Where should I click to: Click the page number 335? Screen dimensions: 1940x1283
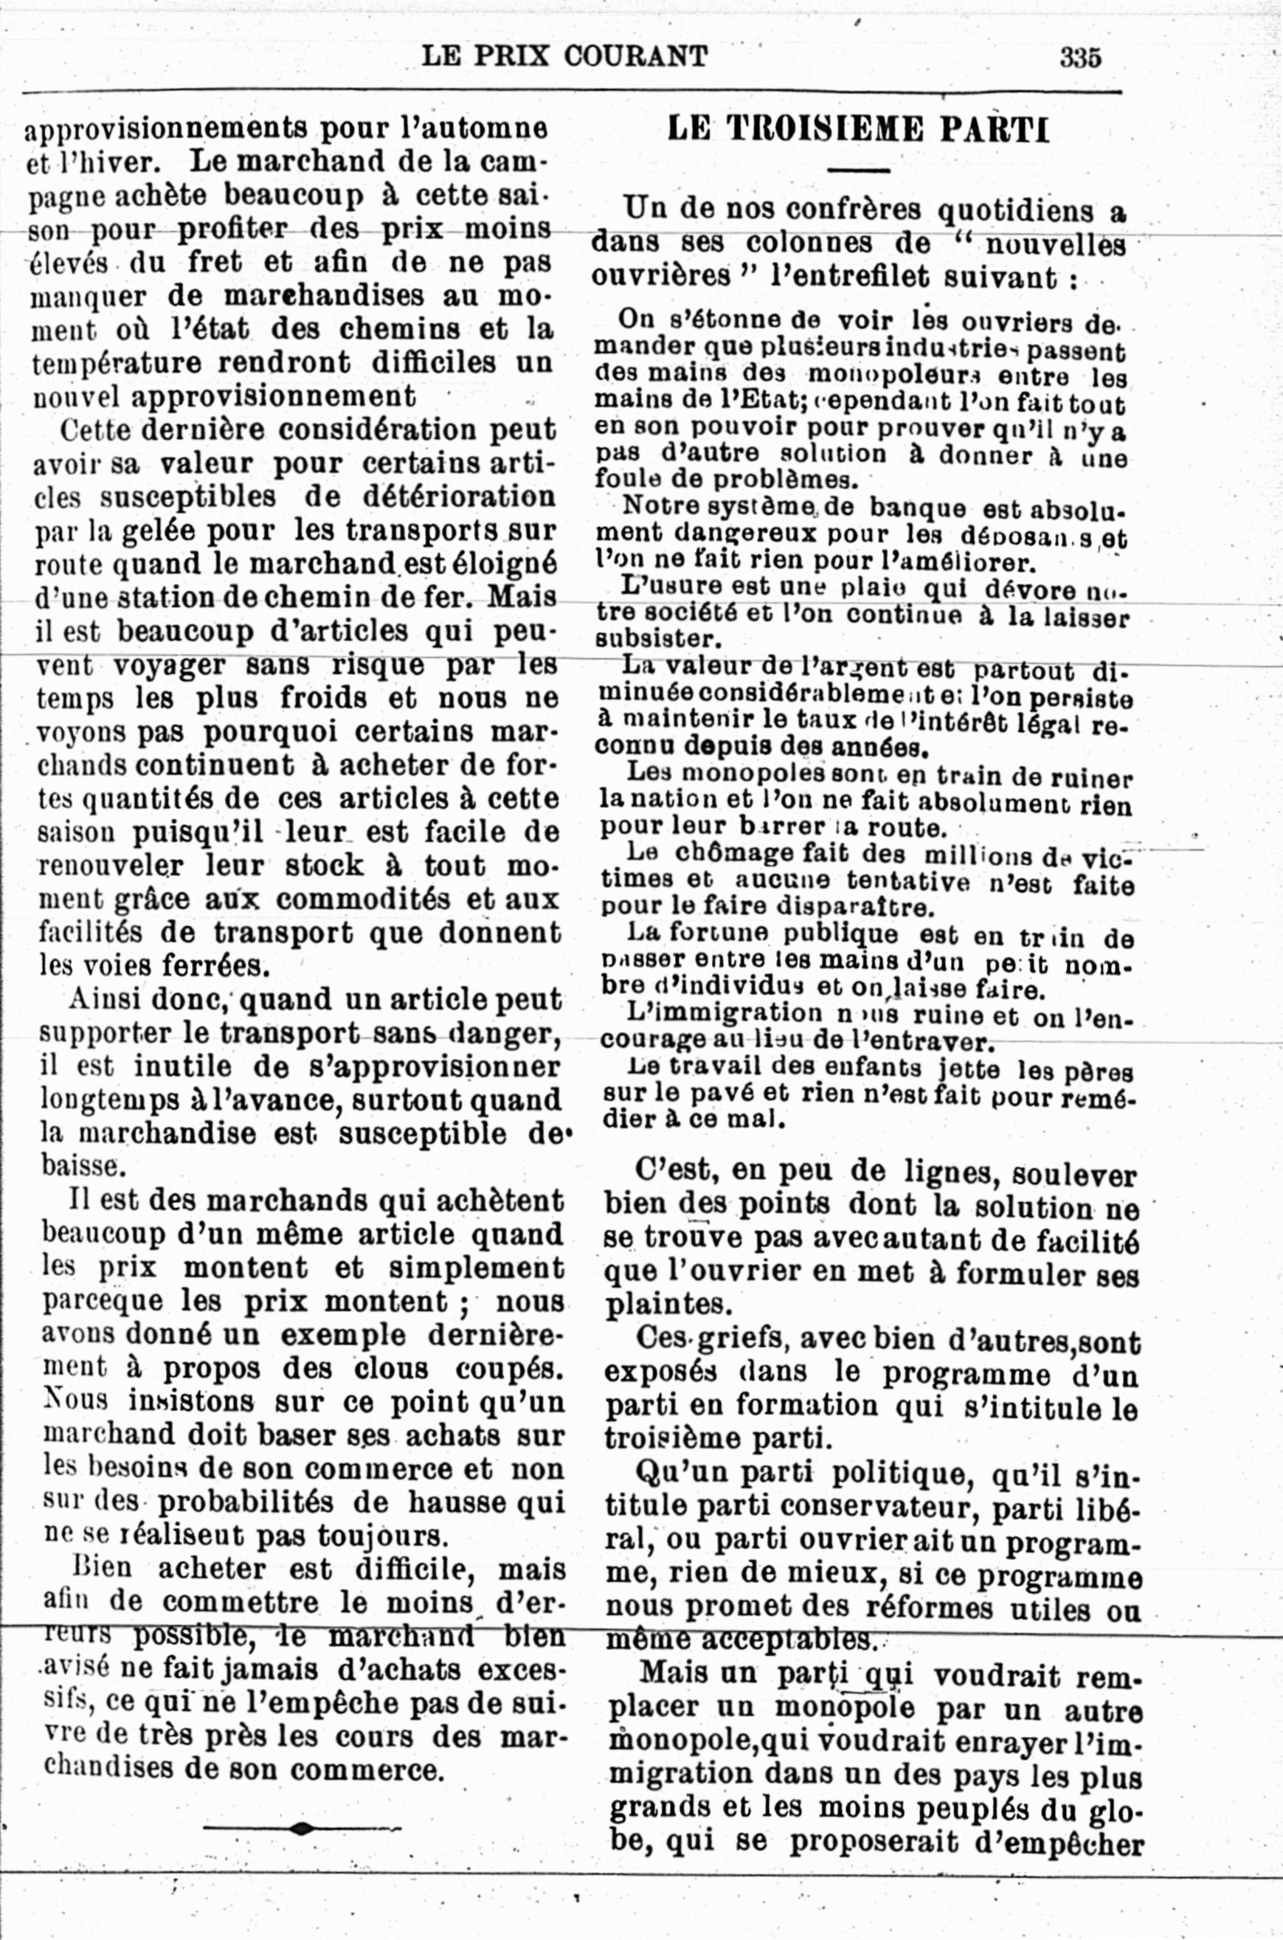pyautogui.click(x=1080, y=58)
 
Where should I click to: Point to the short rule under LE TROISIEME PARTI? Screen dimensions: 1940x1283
pyautogui.click(x=858, y=170)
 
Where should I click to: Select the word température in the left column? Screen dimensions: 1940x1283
pyautogui.click(x=115, y=363)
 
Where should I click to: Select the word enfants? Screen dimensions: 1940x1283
pyautogui.click(x=873, y=1068)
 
